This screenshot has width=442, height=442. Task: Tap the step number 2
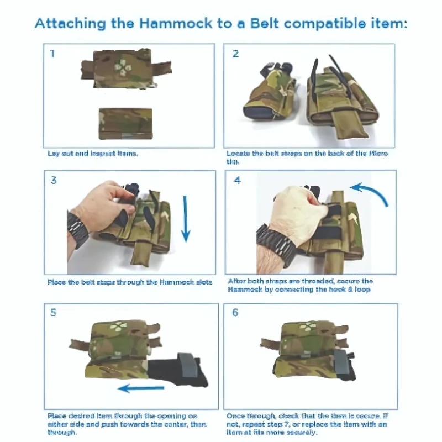(x=235, y=54)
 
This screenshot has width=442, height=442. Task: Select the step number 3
(x=52, y=181)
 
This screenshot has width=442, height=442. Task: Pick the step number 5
(x=53, y=313)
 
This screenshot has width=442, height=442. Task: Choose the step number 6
(x=235, y=313)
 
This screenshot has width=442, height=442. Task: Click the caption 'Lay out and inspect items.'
(x=92, y=153)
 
